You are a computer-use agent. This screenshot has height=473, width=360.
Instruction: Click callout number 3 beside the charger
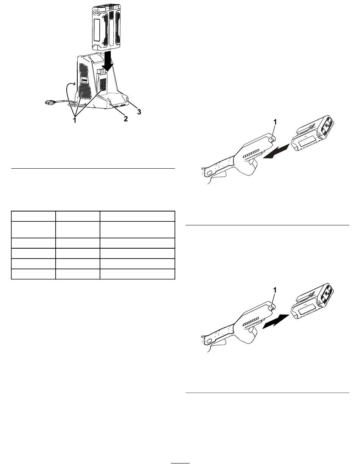(139, 112)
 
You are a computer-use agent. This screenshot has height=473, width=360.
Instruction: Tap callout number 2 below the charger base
(125, 119)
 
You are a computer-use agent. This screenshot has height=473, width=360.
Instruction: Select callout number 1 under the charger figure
(75, 120)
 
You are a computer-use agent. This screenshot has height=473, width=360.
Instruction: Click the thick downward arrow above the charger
(108, 61)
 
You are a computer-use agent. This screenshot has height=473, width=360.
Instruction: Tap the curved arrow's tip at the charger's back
(75, 84)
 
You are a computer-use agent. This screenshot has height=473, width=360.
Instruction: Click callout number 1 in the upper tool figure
(275, 122)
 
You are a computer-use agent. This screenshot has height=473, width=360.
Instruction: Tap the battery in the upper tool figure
(312, 133)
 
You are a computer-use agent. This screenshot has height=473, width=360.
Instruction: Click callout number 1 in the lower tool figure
(275, 290)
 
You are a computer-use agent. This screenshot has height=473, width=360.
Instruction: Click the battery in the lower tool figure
(312, 301)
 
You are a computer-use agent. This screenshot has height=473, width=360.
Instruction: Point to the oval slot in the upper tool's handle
(209, 173)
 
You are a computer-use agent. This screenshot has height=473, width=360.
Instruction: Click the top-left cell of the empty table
(33, 216)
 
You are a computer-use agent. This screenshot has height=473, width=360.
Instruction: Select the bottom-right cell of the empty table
(138, 274)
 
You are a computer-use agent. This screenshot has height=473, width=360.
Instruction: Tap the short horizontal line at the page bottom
(180, 463)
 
